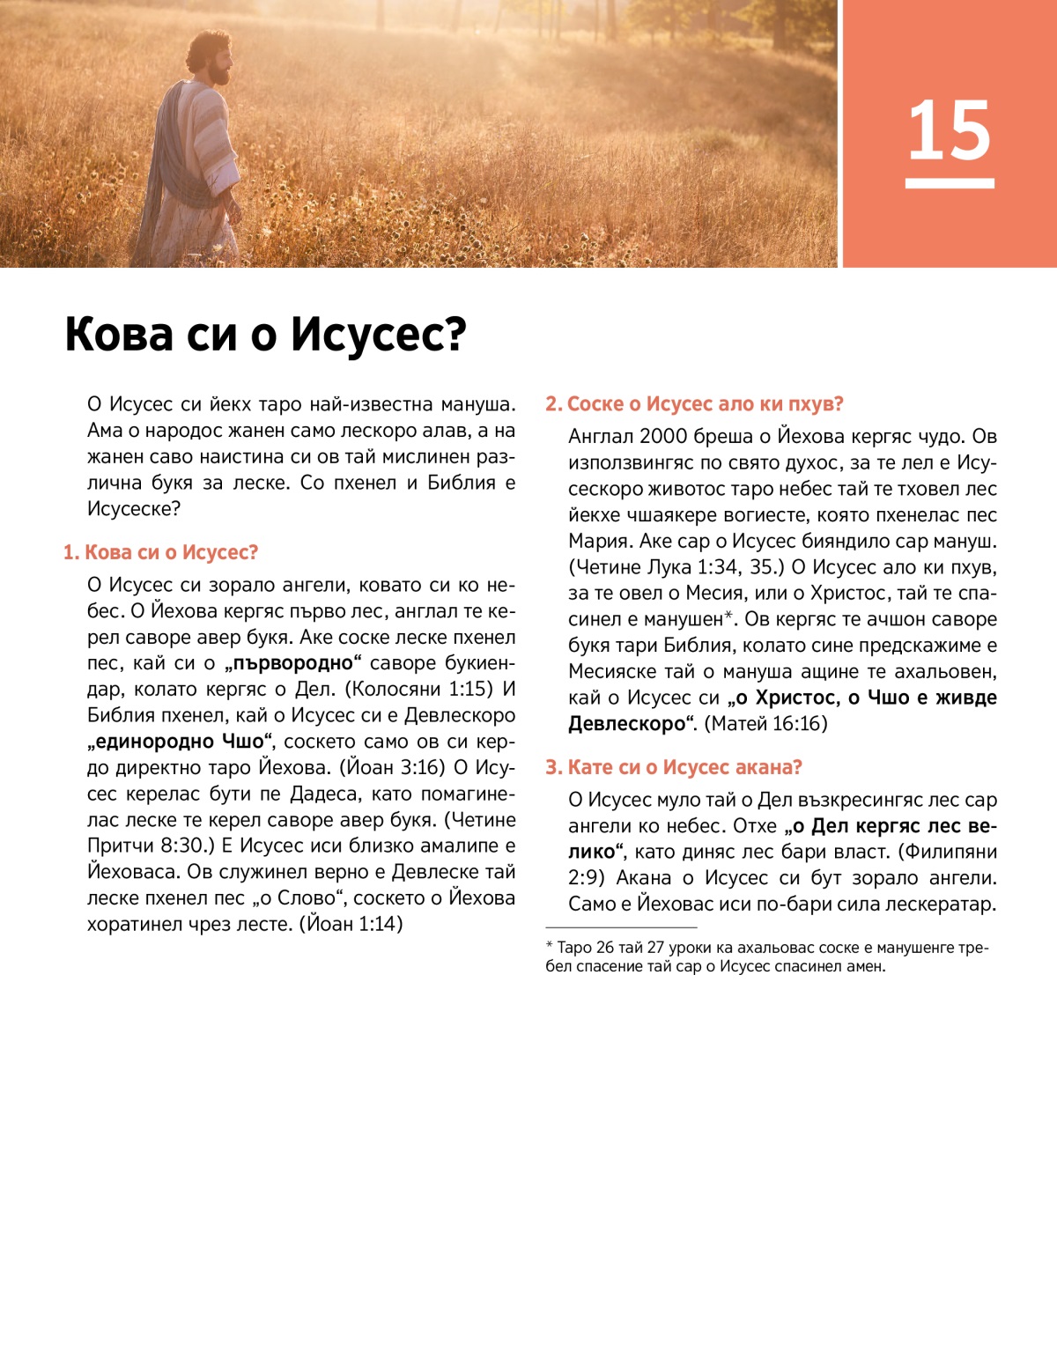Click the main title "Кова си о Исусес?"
[x=265, y=336]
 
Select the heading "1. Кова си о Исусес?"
[x=160, y=553]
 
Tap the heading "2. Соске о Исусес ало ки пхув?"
[x=694, y=404]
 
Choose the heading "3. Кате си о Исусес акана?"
[x=674, y=767]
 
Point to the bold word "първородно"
[x=293, y=663]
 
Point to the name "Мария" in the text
[x=597, y=541]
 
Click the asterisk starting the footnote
[x=550, y=947]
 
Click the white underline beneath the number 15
[x=950, y=183]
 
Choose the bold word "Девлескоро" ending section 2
[x=626, y=724]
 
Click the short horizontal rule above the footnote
[x=621, y=927]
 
